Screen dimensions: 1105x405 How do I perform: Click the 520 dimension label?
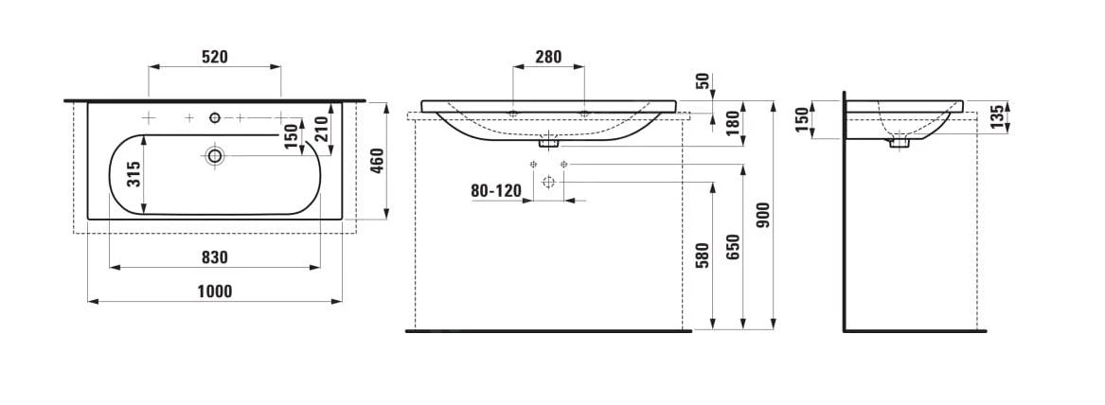coord(214,57)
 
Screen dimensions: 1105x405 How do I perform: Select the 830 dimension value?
coord(214,257)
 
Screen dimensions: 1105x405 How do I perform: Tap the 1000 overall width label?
coord(214,291)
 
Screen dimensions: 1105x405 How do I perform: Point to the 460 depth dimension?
coord(376,162)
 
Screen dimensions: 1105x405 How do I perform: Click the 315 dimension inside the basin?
coord(134,173)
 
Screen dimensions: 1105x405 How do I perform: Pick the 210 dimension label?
coord(321,130)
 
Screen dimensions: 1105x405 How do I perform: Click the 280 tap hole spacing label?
coord(548,57)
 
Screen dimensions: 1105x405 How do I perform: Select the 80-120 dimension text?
coord(495,190)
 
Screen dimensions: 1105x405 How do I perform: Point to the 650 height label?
coord(732,247)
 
